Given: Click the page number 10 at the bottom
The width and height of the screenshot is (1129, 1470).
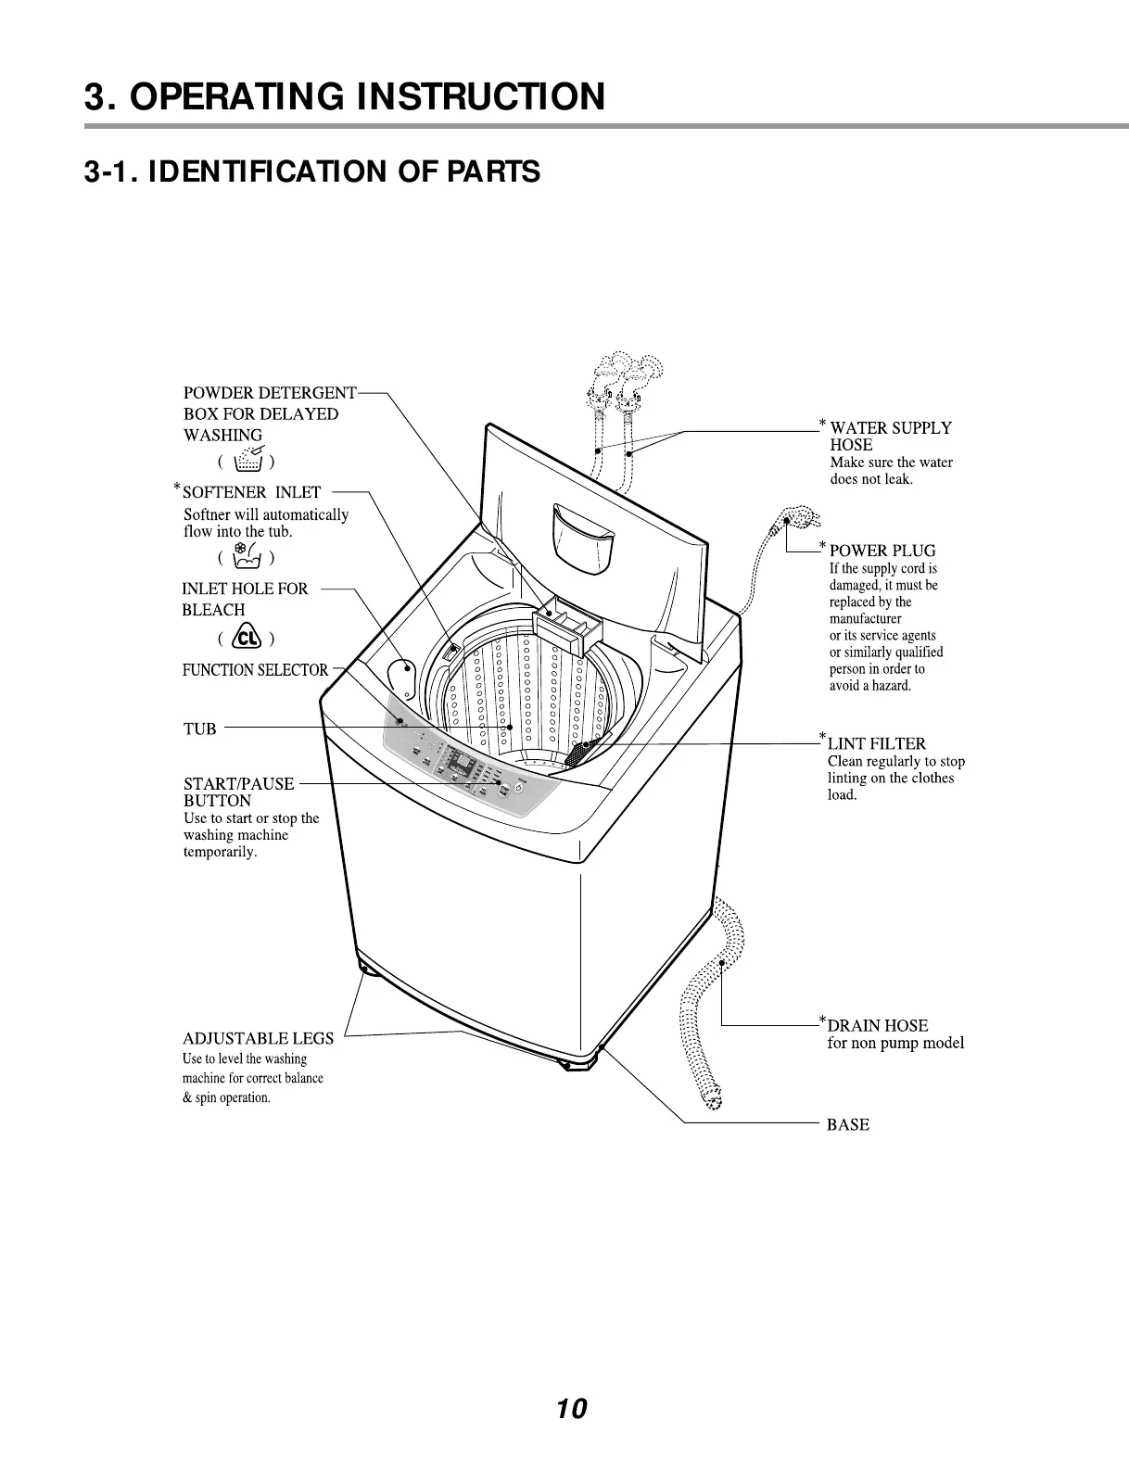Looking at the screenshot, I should click(x=571, y=1409).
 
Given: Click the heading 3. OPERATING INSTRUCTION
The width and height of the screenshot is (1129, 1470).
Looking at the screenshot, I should click(x=344, y=96).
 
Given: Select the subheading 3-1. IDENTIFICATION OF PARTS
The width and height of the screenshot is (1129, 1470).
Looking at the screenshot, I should click(x=311, y=171).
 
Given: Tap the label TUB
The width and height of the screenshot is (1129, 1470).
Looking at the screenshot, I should click(x=199, y=729).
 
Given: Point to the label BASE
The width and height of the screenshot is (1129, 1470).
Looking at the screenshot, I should click(x=847, y=1124).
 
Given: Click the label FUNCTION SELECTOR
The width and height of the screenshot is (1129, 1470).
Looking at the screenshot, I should click(x=255, y=669).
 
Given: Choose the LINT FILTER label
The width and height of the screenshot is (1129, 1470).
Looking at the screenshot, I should click(x=876, y=743).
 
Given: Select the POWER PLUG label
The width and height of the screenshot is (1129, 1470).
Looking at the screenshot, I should click(x=882, y=551).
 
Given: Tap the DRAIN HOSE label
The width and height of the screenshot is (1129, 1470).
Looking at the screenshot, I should click(x=877, y=1025).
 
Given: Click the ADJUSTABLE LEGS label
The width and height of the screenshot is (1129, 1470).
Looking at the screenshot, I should click(x=258, y=1038).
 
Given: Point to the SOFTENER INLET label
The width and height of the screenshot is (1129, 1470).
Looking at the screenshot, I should click(x=251, y=492).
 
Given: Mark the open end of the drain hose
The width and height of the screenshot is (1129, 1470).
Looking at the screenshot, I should click(x=711, y=1099).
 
